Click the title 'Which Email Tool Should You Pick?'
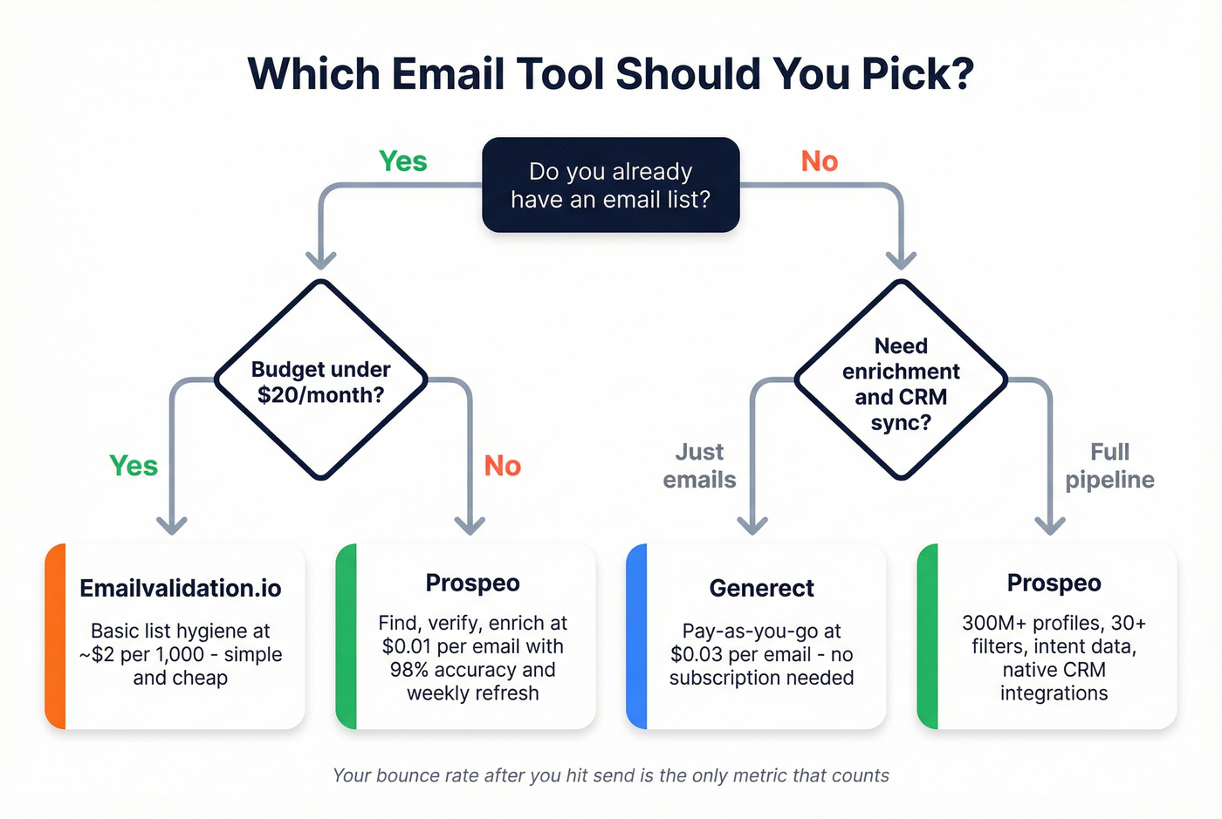(610, 73)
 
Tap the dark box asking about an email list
(610, 185)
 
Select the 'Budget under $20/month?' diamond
(320, 381)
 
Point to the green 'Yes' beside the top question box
(402, 161)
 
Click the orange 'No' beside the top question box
(819, 161)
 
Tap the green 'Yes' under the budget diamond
(134, 466)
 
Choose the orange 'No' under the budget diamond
(502, 466)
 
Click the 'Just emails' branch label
(699, 466)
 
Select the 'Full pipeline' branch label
(1109, 466)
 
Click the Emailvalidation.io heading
(181, 589)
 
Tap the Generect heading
(761, 589)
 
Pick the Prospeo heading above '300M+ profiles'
(1054, 583)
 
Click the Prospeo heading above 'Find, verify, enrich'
(472, 583)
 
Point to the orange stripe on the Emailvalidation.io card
(56, 636)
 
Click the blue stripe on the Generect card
(637, 636)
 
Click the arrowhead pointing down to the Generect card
(752, 525)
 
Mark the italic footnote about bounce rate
(610, 775)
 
